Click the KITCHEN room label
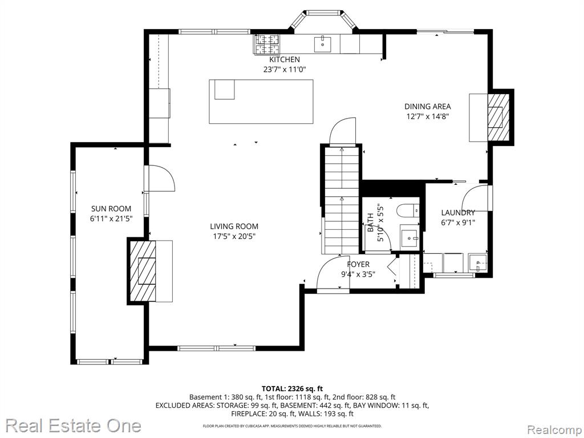[x=285, y=59]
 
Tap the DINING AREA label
[x=428, y=107]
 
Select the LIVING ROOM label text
[x=234, y=226]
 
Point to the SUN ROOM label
[x=111, y=209]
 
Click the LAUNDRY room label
[x=458, y=213]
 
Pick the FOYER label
[x=358, y=265]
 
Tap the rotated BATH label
[x=371, y=222]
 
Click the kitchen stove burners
[x=267, y=44]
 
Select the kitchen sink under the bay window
[x=323, y=44]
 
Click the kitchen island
[x=261, y=102]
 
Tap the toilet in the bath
[x=408, y=211]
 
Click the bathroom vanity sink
[x=409, y=238]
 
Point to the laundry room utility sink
[x=477, y=263]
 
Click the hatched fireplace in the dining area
[x=498, y=116]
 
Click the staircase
[x=341, y=200]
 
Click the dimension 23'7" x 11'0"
[x=285, y=69]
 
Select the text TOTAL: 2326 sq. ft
[x=292, y=389]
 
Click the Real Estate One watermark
[x=74, y=425]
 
